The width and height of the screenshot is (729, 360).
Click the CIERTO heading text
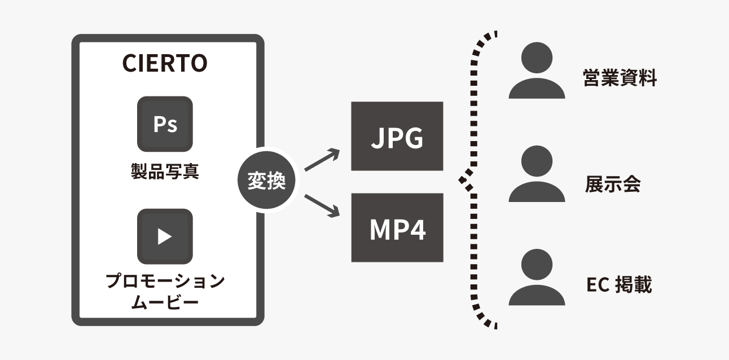[x=165, y=64]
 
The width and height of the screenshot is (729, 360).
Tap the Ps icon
[x=165, y=124]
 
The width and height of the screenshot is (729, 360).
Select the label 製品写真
[x=165, y=172]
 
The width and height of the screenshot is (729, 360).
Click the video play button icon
[x=165, y=236]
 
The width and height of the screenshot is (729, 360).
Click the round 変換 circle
[x=267, y=182]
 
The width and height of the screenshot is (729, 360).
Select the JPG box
[x=397, y=136]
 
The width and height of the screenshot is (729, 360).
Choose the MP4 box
[x=397, y=227]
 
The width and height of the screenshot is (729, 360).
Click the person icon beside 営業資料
[x=536, y=71]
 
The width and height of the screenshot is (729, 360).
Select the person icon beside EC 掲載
[x=536, y=277]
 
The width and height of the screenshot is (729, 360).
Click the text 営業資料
[x=620, y=78]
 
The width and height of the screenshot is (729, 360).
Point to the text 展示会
[x=613, y=184]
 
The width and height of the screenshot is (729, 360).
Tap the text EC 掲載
[x=619, y=286]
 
